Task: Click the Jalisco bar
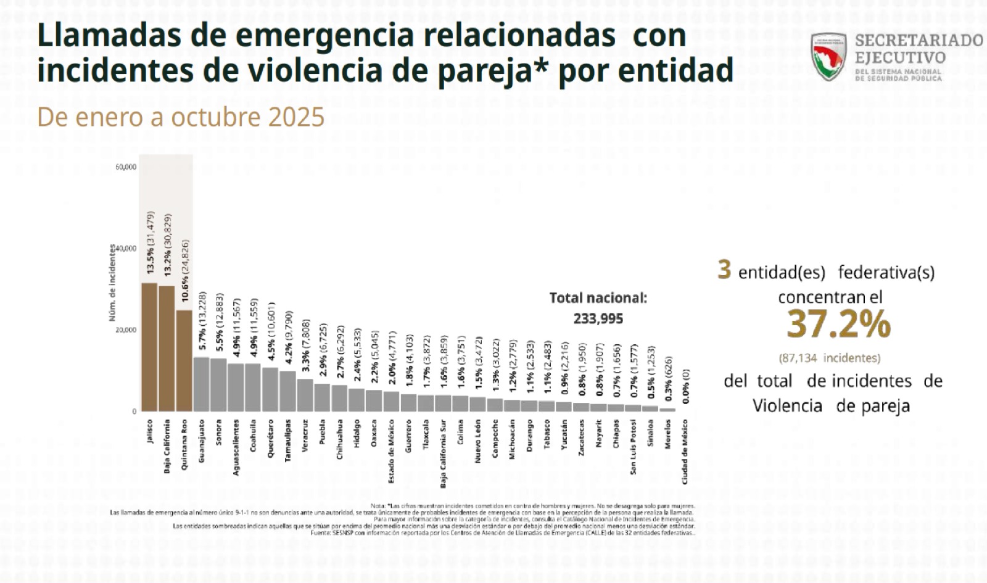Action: pos(149,347)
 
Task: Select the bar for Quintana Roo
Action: pos(184,361)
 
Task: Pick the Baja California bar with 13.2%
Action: pos(167,349)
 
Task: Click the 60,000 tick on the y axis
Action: pos(126,167)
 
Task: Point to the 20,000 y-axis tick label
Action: pos(126,330)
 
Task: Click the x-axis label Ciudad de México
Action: pos(685,452)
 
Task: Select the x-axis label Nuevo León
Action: pos(477,442)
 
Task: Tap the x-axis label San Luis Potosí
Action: pos(633,447)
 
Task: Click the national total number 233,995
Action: pos(598,319)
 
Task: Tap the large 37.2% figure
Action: pos(838,324)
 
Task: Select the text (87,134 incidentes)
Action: pos(829,358)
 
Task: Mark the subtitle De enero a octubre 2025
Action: pos(181,117)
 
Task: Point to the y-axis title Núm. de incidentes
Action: pos(112,283)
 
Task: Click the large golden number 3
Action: pos(724,270)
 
